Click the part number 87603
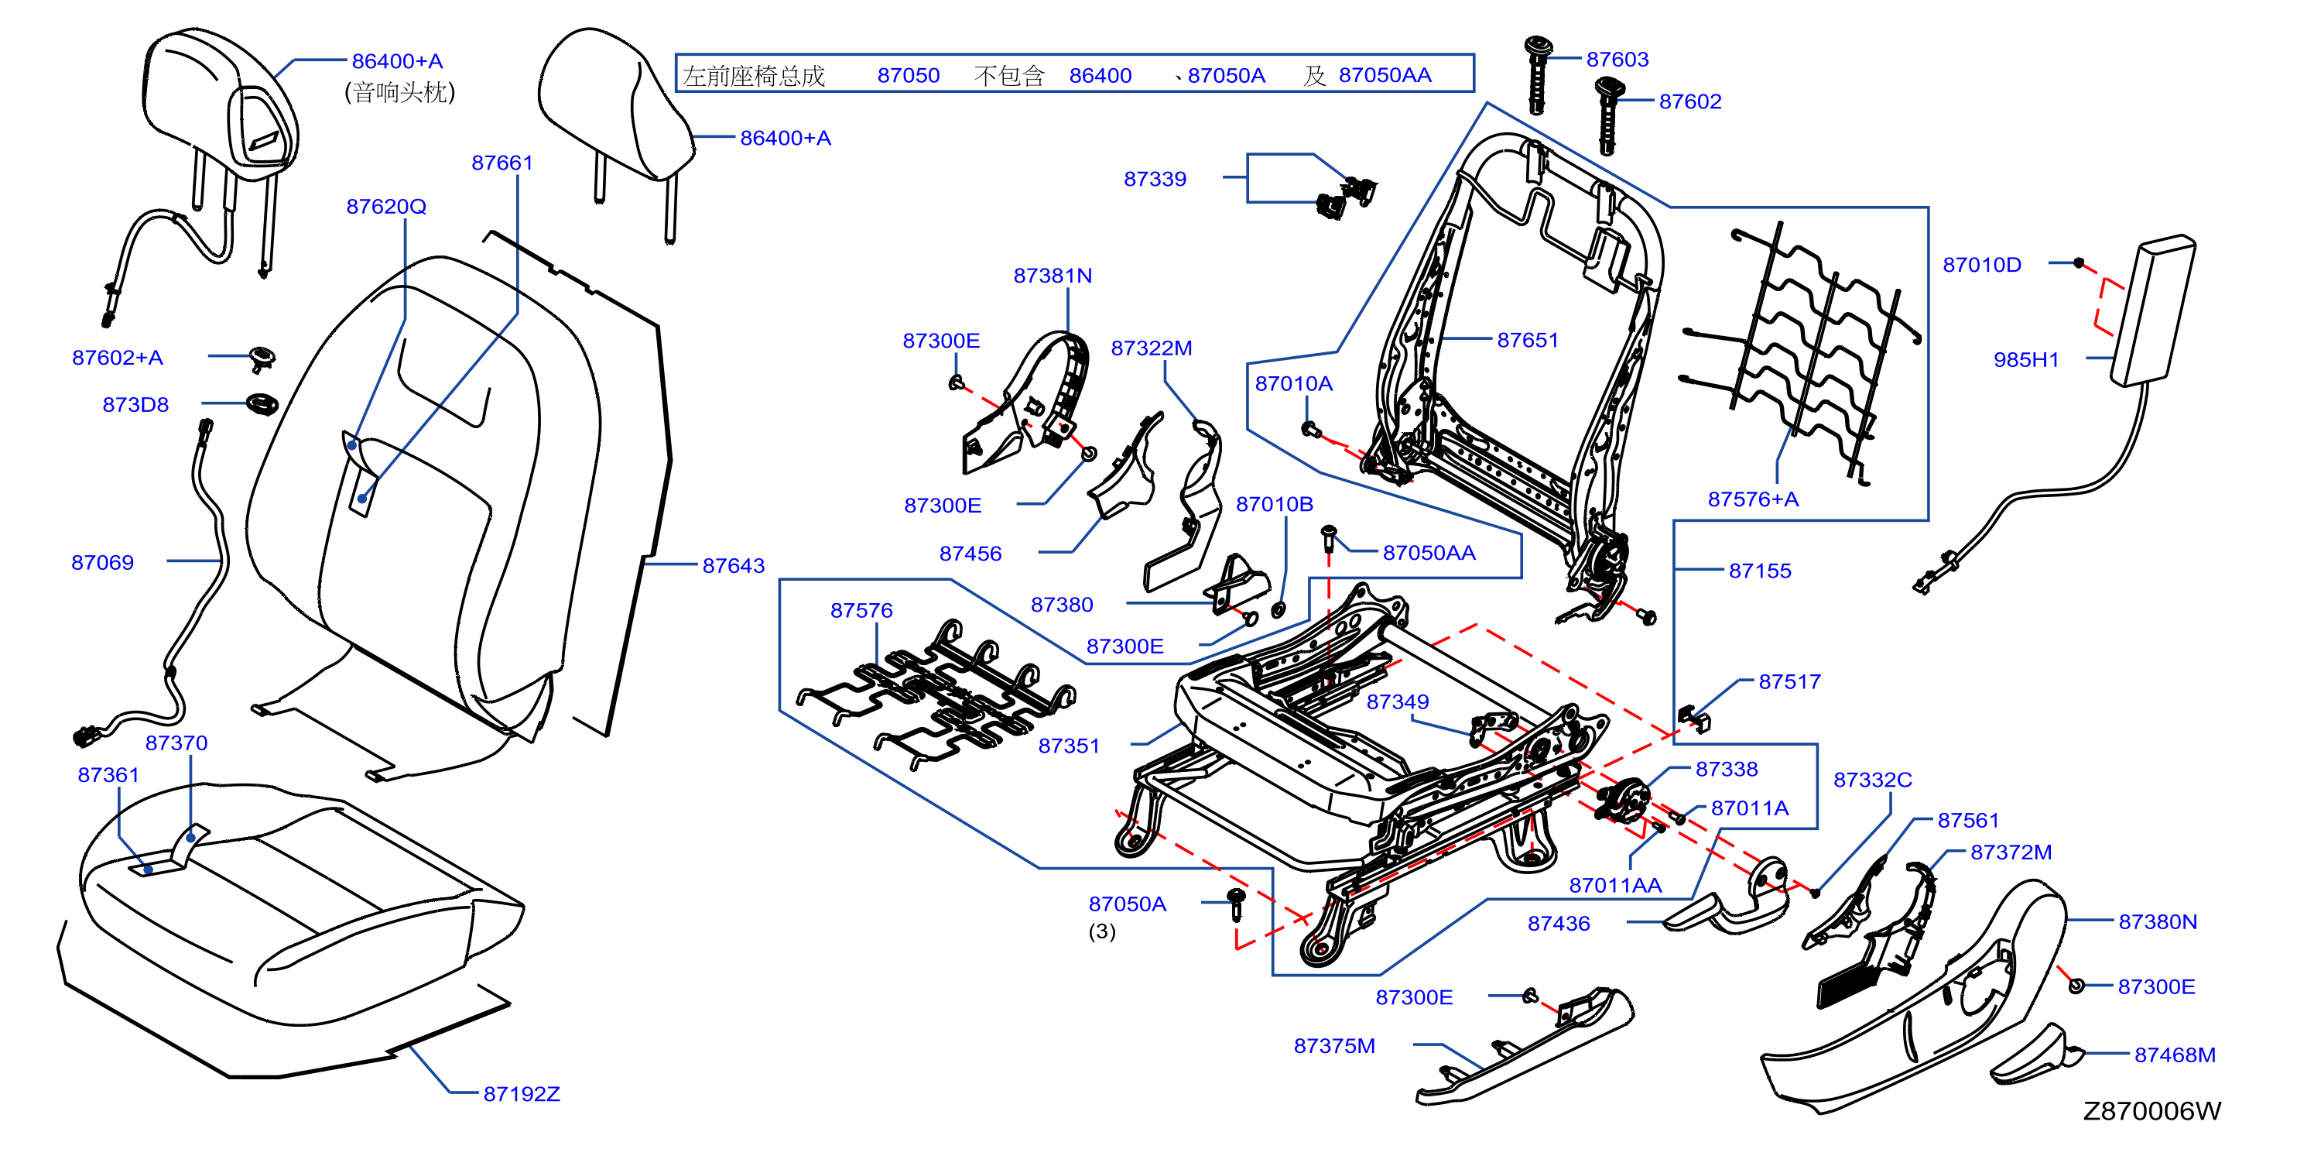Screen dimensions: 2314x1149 (x=1617, y=60)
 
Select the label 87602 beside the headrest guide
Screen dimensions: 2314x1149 (x=1689, y=101)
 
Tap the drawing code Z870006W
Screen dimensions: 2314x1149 (x=2151, y=1111)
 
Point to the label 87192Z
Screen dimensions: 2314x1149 (x=521, y=1093)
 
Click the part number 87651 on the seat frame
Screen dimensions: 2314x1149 (x=1527, y=340)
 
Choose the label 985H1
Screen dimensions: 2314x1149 (x=2025, y=359)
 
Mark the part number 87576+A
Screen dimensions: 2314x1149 (x=1753, y=499)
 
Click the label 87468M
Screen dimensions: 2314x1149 (x=2174, y=1055)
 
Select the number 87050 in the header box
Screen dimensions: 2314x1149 (x=908, y=75)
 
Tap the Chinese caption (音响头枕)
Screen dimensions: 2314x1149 (x=400, y=91)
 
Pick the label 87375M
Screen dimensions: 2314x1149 (x=1334, y=1046)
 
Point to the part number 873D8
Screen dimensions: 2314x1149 (x=135, y=404)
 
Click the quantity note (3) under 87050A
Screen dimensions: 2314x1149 (x=1101, y=931)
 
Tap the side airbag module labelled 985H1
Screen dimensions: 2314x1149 (x=2152, y=310)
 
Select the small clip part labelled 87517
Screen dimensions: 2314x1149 (x=1693, y=719)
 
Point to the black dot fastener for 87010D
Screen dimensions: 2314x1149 (x=2078, y=263)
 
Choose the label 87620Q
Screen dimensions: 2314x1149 (x=386, y=206)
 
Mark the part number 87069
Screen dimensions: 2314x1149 (x=102, y=562)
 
